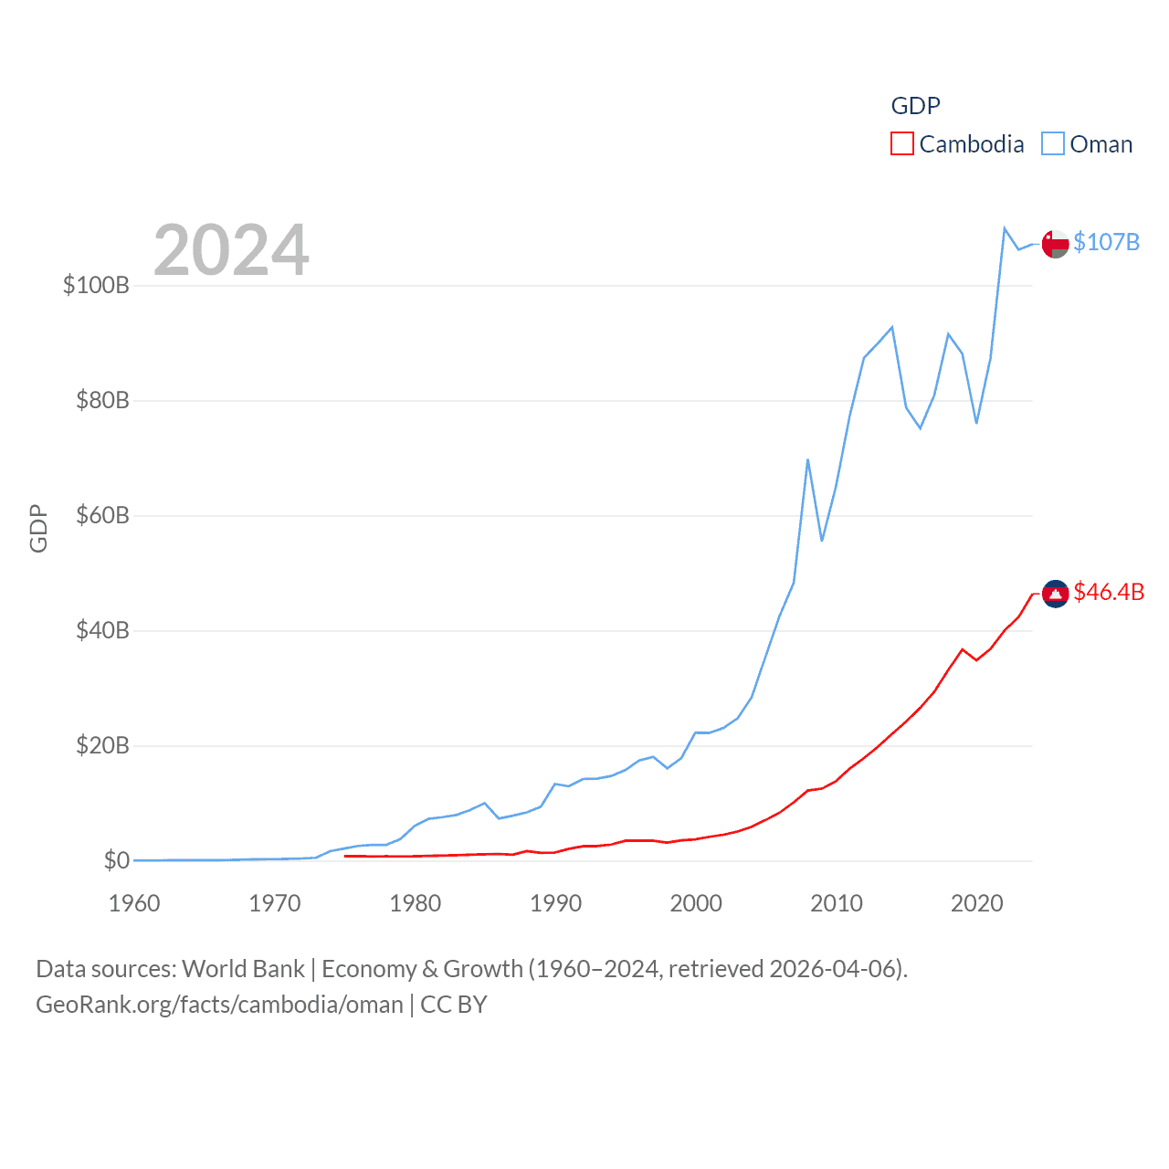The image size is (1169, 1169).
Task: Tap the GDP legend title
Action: click(915, 106)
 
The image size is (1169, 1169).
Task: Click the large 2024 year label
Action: click(231, 250)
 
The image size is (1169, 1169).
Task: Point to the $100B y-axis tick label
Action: click(96, 285)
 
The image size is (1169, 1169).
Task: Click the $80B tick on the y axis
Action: click(102, 400)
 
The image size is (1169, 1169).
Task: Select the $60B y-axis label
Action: click(102, 515)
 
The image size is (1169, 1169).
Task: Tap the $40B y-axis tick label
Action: click(102, 630)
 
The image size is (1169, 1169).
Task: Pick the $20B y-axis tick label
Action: click(102, 745)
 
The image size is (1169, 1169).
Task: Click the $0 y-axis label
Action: click(116, 860)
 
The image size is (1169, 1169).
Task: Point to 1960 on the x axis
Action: click(134, 903)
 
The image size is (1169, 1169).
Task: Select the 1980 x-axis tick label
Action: click(416, 903)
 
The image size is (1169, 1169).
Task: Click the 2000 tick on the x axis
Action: click(696, 903)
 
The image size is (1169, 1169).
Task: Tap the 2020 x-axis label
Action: click(977, 903)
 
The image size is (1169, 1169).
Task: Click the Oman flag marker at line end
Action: click(1055, 244)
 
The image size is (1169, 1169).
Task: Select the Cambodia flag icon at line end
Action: click(1055, 594)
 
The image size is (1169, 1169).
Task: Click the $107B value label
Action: click(1106, 242)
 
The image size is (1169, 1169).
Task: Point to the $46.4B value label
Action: click(1109, 592)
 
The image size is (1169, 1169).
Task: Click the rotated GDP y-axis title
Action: click(38, 528)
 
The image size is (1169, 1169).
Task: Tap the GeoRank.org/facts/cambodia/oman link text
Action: click(219, 1005)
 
